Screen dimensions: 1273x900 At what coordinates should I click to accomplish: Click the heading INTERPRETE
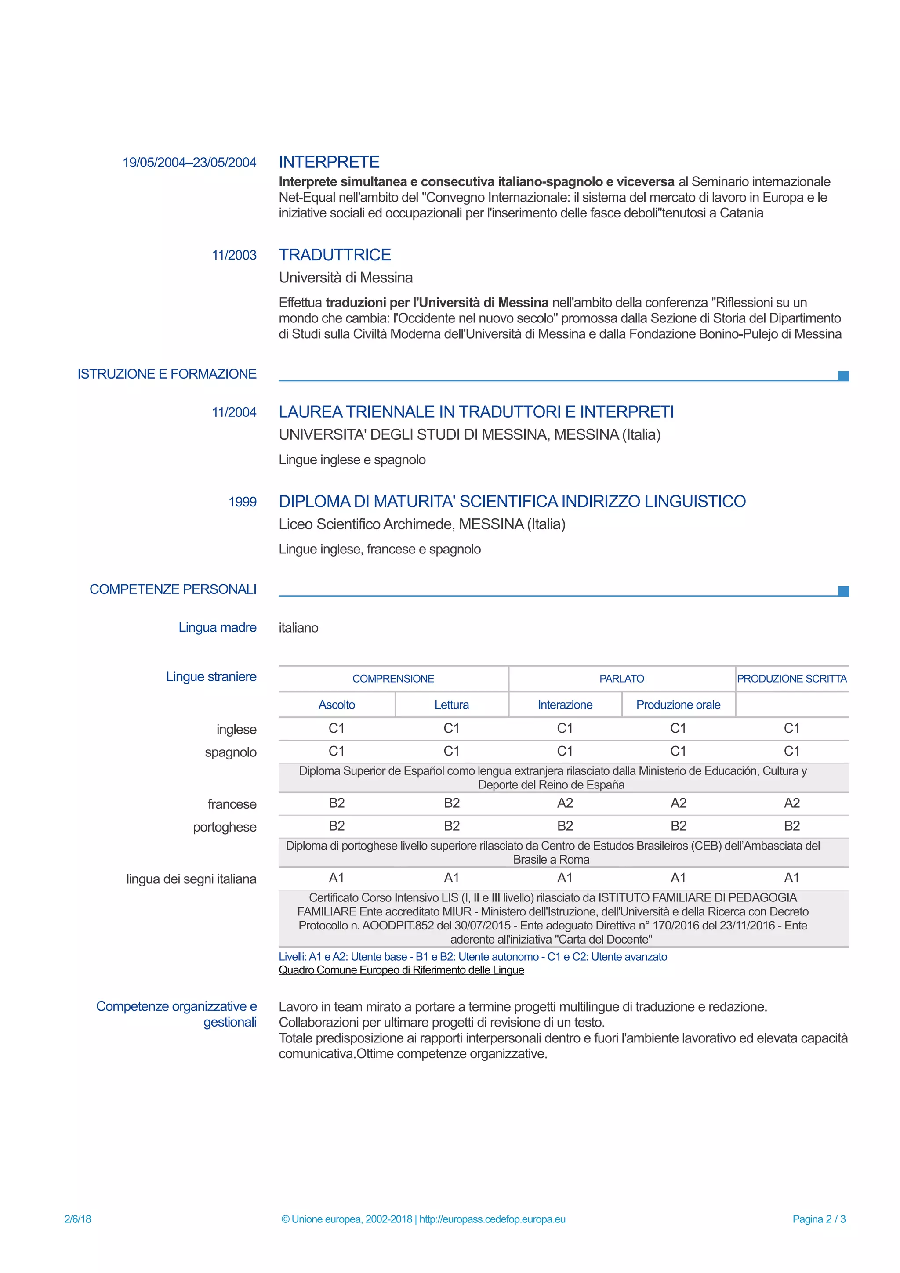coord(329,162)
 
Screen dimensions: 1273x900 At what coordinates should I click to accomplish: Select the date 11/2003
coord(234,255)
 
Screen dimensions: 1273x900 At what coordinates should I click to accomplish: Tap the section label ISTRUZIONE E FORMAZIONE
coord(167,374)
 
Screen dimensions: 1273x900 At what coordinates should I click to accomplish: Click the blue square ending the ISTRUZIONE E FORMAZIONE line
coord(843,376)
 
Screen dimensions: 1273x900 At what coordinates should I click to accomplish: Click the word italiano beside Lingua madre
coord(298,628)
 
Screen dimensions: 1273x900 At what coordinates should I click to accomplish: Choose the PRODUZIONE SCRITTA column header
coord(791,679)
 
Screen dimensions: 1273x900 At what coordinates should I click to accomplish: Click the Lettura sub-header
coord(451,705)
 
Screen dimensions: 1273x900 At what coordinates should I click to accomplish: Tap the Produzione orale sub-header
coord(678,705)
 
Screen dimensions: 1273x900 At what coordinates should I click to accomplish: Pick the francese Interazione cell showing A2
coord(565,803)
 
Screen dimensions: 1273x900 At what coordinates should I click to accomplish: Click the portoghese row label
coord(225,827)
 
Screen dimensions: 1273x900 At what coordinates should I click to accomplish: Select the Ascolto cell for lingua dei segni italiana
coord(336,878)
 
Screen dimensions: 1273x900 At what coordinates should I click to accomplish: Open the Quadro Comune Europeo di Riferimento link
coord(401,970)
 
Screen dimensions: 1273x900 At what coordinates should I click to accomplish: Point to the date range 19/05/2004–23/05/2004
coord(189,163)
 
